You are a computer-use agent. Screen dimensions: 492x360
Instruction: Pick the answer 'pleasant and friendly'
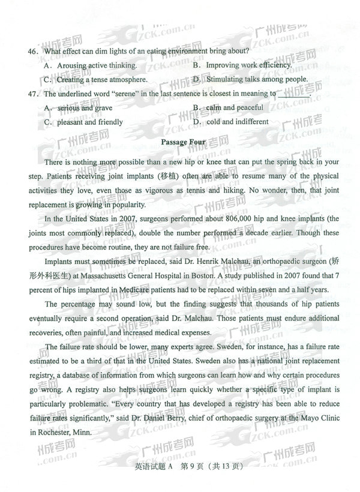point(90,122)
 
